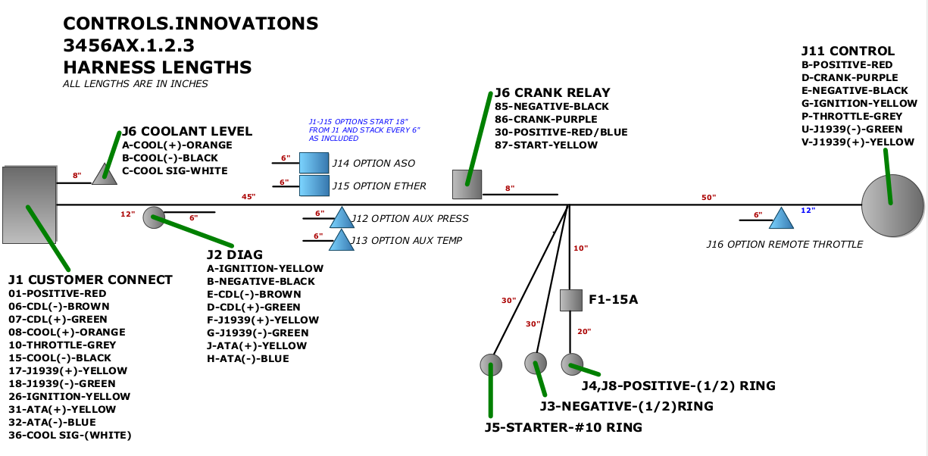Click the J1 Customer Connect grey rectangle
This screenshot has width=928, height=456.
30,205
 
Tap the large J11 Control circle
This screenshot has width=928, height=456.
892,205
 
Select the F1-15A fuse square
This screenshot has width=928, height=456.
570,300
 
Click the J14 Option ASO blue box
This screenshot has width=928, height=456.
314,163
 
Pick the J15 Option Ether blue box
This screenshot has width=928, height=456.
314,186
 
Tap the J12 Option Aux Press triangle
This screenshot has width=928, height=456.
341,218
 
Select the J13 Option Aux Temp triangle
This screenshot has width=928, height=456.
341,241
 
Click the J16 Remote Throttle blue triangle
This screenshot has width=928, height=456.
781,219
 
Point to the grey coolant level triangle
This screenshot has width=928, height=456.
104,175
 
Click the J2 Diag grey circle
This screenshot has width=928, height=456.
154,217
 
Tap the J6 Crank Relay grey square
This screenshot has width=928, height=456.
467,184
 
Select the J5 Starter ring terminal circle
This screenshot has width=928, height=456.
491,364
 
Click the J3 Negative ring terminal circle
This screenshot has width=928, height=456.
536,363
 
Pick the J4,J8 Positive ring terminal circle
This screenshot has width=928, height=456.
571,364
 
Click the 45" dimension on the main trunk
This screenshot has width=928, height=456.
248,197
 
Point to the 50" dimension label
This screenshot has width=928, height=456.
708,197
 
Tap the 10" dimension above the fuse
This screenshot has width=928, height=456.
581,248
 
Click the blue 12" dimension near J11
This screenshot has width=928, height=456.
808,211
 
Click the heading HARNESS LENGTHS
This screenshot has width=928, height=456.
158,67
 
